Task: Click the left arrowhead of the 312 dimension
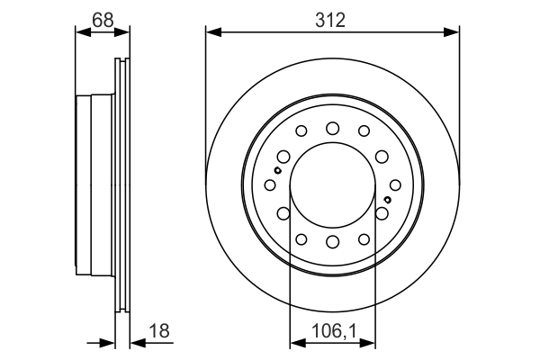212,32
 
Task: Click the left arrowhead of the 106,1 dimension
294,342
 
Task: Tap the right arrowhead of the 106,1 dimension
370,342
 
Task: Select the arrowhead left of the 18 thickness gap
111,342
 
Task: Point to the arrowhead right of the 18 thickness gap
134,342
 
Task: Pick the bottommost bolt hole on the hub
332,241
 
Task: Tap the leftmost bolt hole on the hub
269,184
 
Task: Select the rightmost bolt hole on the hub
395,184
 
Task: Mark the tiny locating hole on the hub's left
279,170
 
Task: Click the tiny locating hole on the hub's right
386,199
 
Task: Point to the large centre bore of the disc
332,184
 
